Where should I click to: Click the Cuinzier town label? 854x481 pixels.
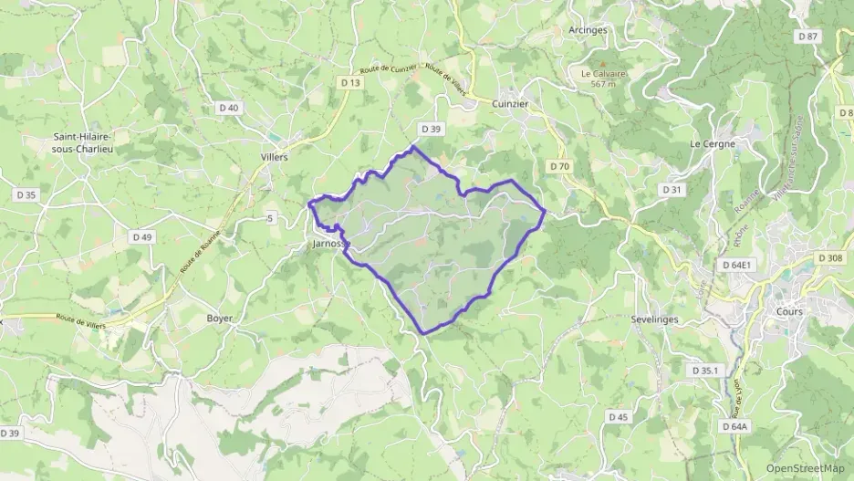click(510, 104)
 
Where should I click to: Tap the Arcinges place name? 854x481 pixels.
click(588, 30)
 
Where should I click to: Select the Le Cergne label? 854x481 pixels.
click(713, 144)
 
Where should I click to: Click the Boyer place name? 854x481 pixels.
click(220, 319)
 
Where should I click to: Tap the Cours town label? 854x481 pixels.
click(788, 311)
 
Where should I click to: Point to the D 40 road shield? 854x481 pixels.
click(228, 108)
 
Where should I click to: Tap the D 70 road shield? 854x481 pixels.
click(559, 167)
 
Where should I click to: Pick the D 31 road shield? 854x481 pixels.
click(672, 190)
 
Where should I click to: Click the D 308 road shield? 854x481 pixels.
click(830, 258)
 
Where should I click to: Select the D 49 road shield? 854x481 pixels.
click(142, 237)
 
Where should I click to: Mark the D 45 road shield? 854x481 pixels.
click(619, 417)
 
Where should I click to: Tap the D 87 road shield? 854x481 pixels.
click(807, 37)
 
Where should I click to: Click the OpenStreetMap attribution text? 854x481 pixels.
click(805, 469)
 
